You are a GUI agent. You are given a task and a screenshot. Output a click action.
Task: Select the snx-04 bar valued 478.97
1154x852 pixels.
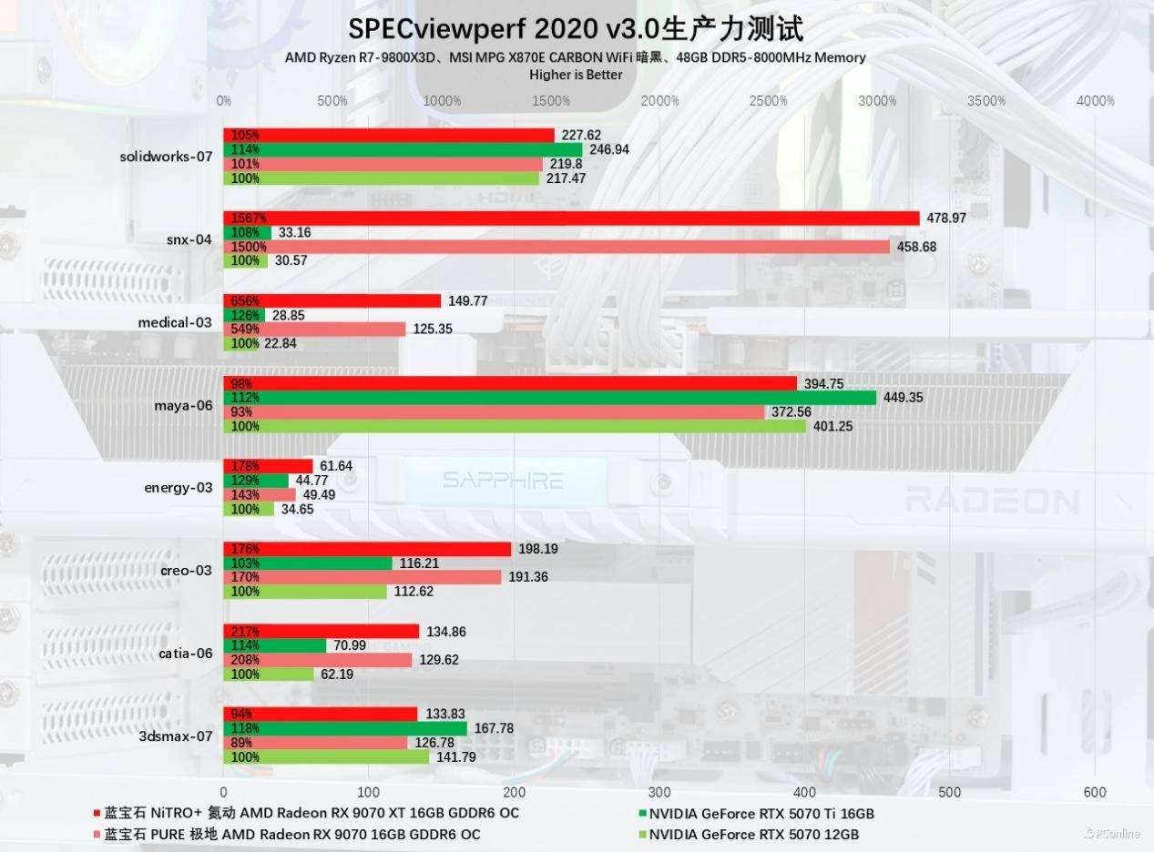[x=571, y=218]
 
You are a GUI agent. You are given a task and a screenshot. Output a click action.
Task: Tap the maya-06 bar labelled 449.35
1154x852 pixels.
[x=549, y=398]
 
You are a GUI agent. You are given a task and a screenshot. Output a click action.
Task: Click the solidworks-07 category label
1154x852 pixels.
[x=166, y=157]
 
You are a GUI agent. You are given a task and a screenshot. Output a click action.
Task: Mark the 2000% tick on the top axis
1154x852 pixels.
[x=660, y=100]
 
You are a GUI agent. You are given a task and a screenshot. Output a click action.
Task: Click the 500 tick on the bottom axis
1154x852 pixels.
[x=950, y=792]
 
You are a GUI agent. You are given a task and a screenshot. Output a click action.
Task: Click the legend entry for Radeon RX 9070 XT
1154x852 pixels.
[x=311, y=813]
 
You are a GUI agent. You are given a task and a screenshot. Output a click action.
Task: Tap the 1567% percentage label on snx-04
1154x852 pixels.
[x=248, y=218]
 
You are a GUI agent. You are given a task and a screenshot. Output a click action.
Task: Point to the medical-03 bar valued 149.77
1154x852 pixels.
[x=332, y=301]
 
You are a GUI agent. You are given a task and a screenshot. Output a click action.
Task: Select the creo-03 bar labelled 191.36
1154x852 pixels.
[x=363, y=577]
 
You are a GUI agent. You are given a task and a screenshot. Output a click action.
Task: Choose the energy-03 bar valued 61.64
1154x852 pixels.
[x=268, y=466]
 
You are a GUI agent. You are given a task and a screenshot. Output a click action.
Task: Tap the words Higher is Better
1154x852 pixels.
[x=576, y=75]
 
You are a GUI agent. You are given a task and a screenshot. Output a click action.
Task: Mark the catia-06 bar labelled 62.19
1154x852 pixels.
[x=269, y=674]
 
